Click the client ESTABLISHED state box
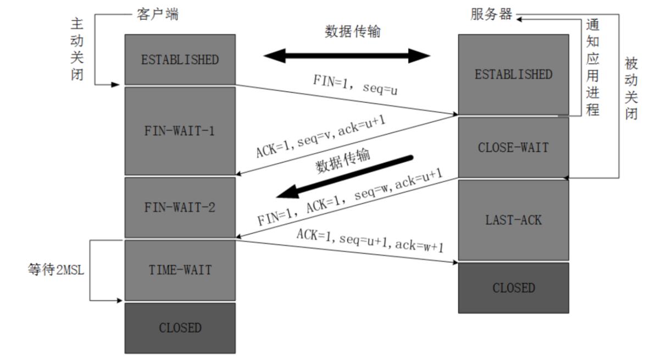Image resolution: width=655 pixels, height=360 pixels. (180, 59)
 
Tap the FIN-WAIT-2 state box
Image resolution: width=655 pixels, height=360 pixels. (180, 207)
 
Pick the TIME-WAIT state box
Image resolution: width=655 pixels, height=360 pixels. (180, 270)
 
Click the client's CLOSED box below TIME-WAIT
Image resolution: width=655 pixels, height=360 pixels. (180, 328)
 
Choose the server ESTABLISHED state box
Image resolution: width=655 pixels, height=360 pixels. (513, 74)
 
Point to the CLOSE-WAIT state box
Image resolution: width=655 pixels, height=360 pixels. (513, 147)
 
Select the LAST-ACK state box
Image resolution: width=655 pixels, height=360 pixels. (513, 220)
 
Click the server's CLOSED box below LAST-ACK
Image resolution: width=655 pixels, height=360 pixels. (513, 287)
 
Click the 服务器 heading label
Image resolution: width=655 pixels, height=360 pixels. (491, 15)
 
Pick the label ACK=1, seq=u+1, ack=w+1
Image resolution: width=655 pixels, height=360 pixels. (370, 241)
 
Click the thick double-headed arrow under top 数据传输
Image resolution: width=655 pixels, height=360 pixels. (347, 56)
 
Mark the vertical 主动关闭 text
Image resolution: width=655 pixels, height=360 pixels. (77, 48)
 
